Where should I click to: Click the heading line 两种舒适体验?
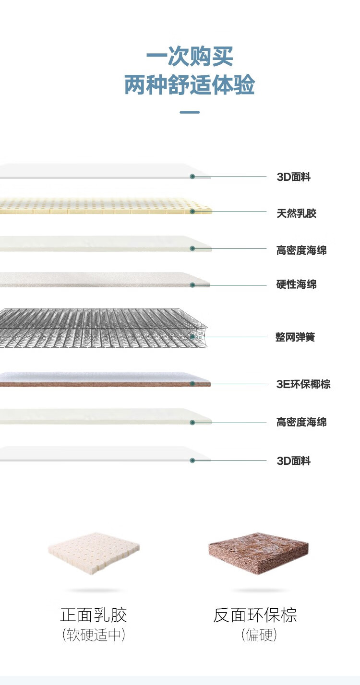click(x=190, y=85)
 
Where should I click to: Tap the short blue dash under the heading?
click(x=190, y=113)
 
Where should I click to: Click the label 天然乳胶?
click(x=296, y=213)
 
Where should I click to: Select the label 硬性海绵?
click(x=296, y=284)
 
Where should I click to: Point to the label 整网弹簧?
click(x=295, y=337)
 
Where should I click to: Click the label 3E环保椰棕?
click(x=303, y=384)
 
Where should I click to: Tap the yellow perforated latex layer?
click(x=96, y=205)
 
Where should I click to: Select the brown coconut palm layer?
click(x=96, y=384)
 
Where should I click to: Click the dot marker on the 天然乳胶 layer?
click(x=192, y=212)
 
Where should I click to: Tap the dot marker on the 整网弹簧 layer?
click(x=192, y=337)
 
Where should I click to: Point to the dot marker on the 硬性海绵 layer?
click(x=192, y=285)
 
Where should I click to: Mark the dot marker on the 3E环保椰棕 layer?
click(x=192, y=384)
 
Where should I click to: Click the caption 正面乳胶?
click(x=94, y=615)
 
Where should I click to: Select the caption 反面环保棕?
click(x=255, y=615)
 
